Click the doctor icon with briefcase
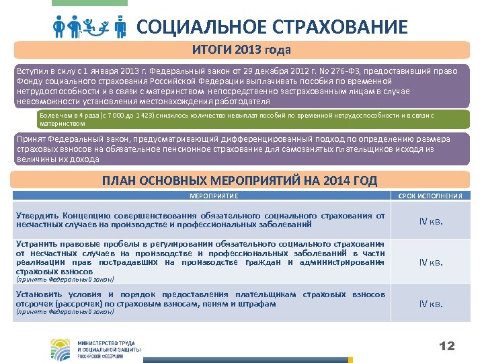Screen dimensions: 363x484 (120, 28)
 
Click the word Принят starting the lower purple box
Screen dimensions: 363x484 (31, 138)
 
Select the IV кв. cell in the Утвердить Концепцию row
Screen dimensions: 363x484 (431, 221)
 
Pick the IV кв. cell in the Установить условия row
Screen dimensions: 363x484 (431, 304)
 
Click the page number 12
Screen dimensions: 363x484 (446, 346)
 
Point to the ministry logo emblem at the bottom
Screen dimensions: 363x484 (61, 347)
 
